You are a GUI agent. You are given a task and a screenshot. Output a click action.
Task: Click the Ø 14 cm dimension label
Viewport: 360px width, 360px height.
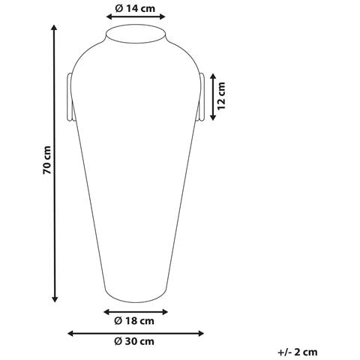coord(135,8)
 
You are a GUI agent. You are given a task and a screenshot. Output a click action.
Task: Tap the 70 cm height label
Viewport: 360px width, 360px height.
coord(47,160)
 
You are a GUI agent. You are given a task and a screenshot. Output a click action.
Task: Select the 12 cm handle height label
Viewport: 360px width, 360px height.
coord(221,96)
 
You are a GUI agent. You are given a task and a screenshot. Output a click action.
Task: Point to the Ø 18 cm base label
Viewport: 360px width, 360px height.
coord(134,321)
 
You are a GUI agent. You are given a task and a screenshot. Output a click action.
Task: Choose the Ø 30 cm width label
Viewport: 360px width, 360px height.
coord(134,341)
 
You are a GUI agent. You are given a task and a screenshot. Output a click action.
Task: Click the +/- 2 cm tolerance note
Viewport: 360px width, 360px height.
coord(298,352)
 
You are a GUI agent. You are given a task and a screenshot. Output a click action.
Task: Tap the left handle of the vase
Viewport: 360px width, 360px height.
coord(70,97)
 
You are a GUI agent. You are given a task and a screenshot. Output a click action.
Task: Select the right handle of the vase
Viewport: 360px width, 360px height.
coord(201,97)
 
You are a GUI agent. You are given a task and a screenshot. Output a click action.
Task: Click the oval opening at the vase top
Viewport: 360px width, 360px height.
coord(136,34)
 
